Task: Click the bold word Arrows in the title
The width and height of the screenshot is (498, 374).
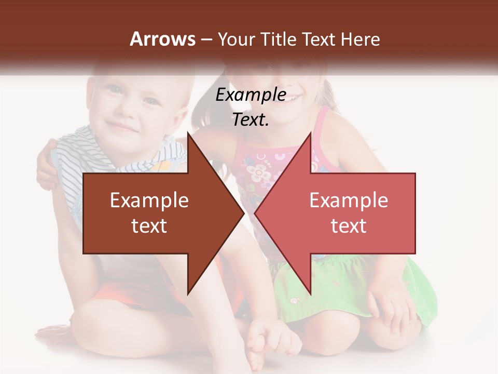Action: click(162, 39)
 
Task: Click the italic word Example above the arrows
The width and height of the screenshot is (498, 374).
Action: click(251, 95)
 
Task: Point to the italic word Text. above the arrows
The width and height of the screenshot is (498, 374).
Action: click(251, 120)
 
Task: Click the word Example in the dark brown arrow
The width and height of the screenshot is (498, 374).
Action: click(149, 200)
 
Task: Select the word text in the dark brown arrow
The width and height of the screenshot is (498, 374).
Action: click(149, 225)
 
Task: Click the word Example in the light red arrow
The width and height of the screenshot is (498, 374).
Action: click(349, 200)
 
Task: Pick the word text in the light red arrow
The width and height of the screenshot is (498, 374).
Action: click(349, 225)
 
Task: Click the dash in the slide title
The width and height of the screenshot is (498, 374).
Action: click(206, 40)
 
